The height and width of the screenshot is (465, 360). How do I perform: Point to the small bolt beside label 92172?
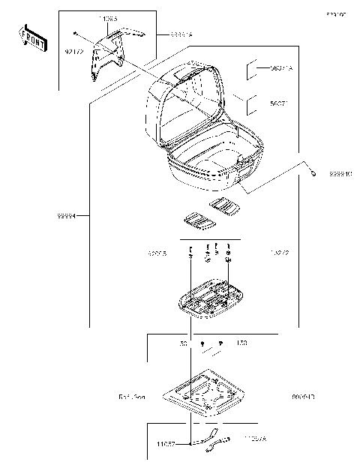pos(77,33)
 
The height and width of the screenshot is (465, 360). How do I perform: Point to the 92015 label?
pos(157,254)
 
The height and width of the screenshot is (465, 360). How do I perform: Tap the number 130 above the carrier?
pos(182,343)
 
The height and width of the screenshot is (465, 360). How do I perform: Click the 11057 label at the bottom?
pos(166,443)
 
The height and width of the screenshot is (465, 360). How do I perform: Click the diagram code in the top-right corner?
pos(335,13)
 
